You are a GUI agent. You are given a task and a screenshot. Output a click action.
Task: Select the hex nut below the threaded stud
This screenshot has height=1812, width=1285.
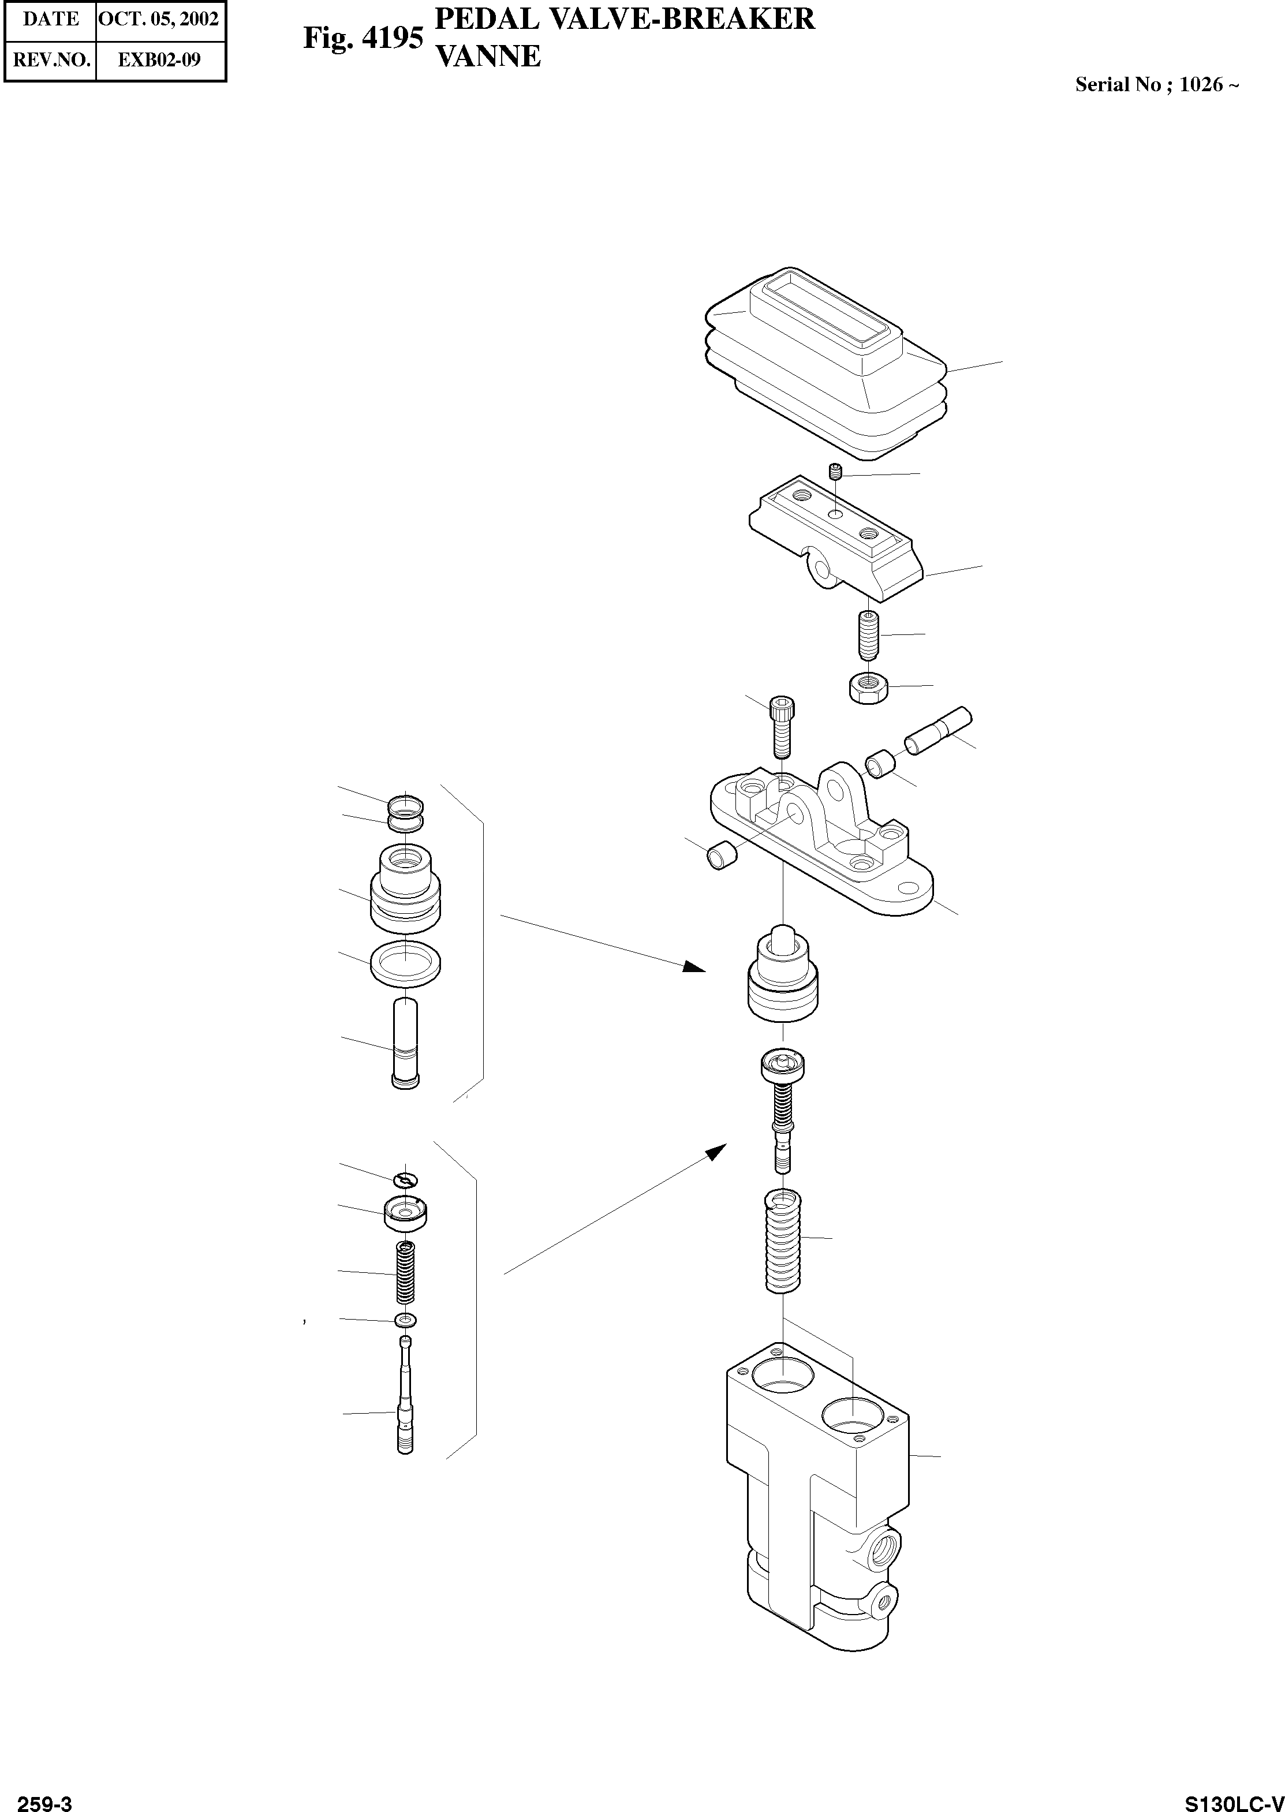871,687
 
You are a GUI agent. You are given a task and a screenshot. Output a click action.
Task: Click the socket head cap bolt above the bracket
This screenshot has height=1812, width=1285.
782,726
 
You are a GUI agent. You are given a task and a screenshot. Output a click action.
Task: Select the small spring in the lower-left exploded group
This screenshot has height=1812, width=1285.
405,1273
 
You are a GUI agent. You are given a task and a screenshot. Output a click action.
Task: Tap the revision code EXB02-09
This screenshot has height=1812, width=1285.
160,60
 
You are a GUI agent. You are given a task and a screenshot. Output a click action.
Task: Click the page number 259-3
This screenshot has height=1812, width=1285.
44,1798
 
